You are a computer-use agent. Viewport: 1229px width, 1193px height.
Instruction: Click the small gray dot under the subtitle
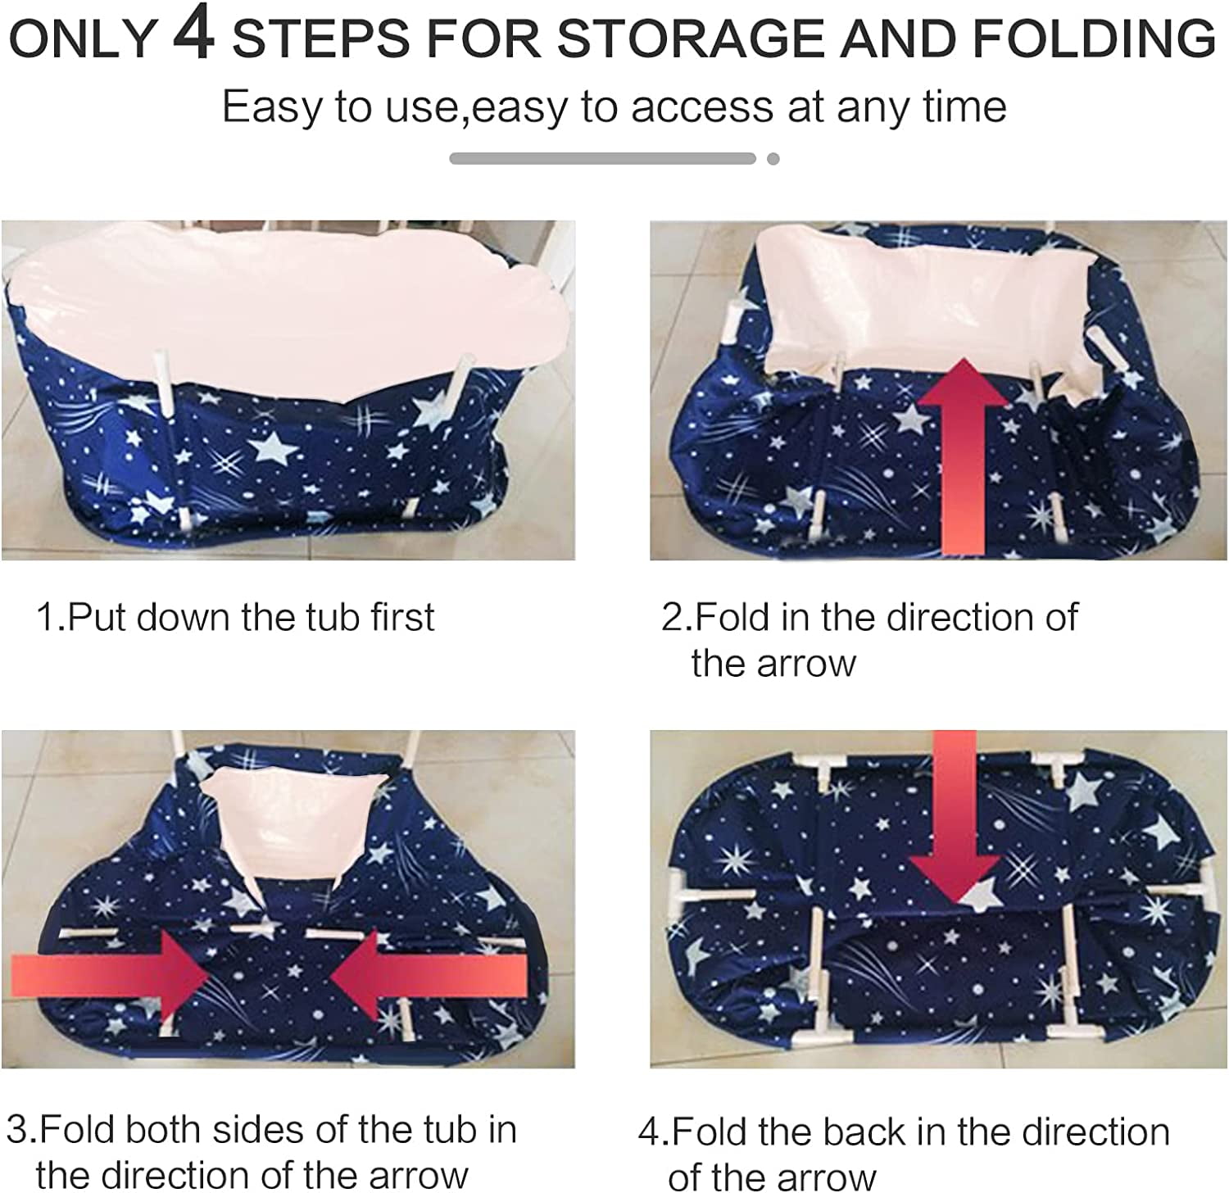click(x=773, y=159)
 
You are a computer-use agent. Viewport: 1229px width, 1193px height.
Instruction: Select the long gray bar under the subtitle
click(x=602, y=159)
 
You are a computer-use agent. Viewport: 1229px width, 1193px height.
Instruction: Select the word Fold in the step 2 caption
click(x=734, y=616)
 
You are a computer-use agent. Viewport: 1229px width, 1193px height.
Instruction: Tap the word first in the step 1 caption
click(x=401, y=616)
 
